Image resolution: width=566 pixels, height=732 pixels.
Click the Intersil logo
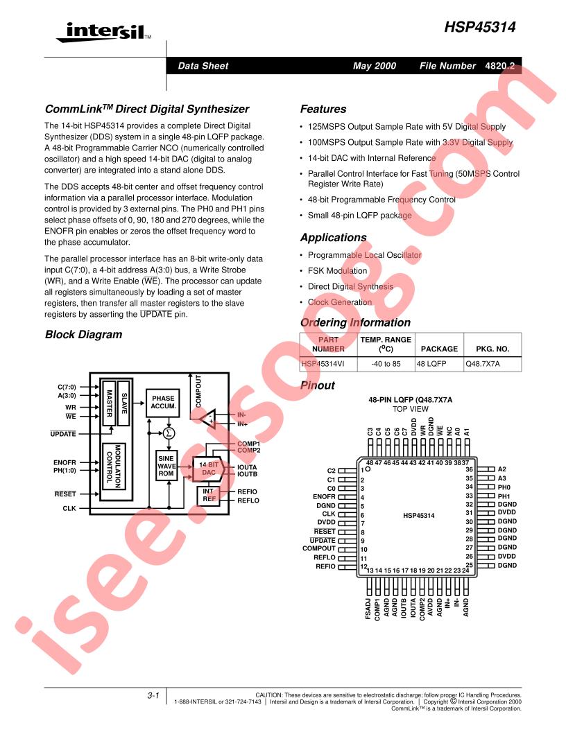tap(103, 33)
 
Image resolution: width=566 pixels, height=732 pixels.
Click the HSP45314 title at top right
tap(479, 27)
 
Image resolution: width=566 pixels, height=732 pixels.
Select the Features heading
tap(323, 110)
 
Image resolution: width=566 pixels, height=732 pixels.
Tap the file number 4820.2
tap(499, 66)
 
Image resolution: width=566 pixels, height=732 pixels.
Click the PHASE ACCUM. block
tap(163, 403)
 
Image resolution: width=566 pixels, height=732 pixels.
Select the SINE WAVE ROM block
tap(166, 466)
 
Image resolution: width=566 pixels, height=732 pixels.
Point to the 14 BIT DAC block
tap(209, 469)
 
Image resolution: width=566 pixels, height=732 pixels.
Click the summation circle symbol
tap(169, 433)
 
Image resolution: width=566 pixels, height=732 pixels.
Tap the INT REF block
tap(208, 496)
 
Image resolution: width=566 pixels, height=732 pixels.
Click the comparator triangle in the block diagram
tap(208, 418)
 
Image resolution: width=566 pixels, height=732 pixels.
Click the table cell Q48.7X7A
tap(492, 364)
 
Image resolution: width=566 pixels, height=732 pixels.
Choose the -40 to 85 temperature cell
tap(386, 364)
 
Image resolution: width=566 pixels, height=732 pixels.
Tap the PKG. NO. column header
tap(492, 349)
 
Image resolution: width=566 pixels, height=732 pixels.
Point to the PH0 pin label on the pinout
tap(504, 487)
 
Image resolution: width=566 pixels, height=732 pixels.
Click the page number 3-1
tap(153, 695)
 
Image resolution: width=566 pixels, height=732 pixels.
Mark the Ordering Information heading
tap(355, 322)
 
